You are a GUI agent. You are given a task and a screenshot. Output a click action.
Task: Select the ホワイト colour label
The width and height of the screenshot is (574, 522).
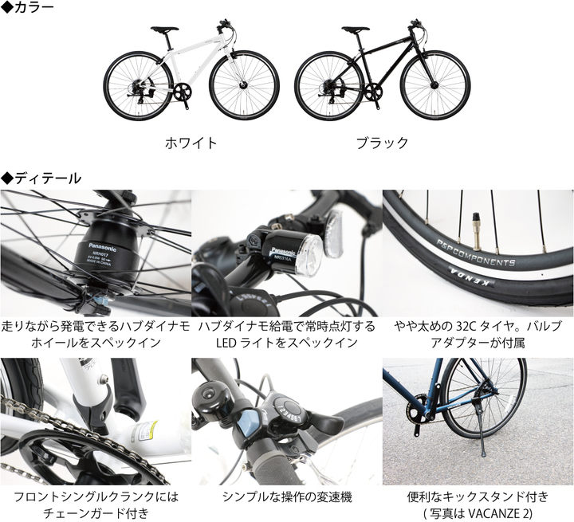[191, 143]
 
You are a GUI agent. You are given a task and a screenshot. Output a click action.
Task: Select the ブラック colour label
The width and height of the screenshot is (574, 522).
[382, 143]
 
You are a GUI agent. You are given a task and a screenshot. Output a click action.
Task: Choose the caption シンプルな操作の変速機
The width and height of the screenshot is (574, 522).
[286, 496]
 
